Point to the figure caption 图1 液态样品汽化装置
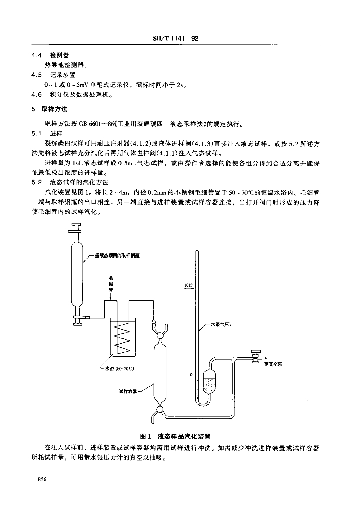click(179, 436)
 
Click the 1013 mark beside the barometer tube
click(188, 286)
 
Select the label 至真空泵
click(273, 364)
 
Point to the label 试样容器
click(128, 391)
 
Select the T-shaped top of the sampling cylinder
click(77, 231)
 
